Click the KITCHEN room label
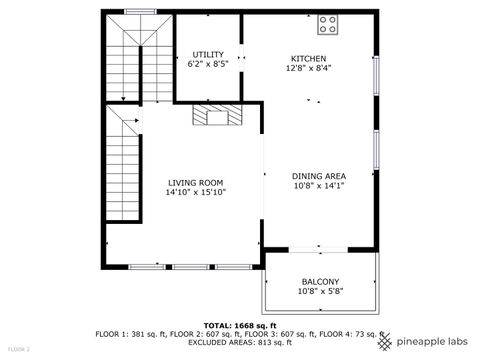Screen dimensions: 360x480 pyautogui.click(x=308, y=58)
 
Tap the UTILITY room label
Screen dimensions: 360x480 pyautogui.click(x=208, y=54)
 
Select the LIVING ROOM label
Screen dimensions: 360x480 pyautogui.click(x=196, y=182)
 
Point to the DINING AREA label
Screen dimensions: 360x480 pyautogui.click(x=320, y=176)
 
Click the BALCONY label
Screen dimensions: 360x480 pyautogui.click(x=320, y=282)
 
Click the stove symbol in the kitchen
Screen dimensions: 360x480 pyautogui.click(x=329, y=20)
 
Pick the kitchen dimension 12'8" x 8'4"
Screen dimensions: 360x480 pyautogui.click(x=308, y=68)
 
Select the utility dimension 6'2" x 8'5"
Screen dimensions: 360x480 pyautogui.click(x=208, y=64)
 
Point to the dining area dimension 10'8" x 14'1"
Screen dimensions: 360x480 pyautogui.click(x=320, y=186)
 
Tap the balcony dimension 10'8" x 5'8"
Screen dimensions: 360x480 pyautogui.click(x=320, y=292)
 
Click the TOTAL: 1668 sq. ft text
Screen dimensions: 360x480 pyautogui.click(x=240, y=326)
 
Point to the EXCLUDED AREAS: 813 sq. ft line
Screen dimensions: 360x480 pyautogui.click(x=240, y=342)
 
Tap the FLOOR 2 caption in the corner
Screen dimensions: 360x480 pyautogui.click(x=19, y=349)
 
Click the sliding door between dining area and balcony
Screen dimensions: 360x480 pyautogui.click(x=320, y=247)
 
